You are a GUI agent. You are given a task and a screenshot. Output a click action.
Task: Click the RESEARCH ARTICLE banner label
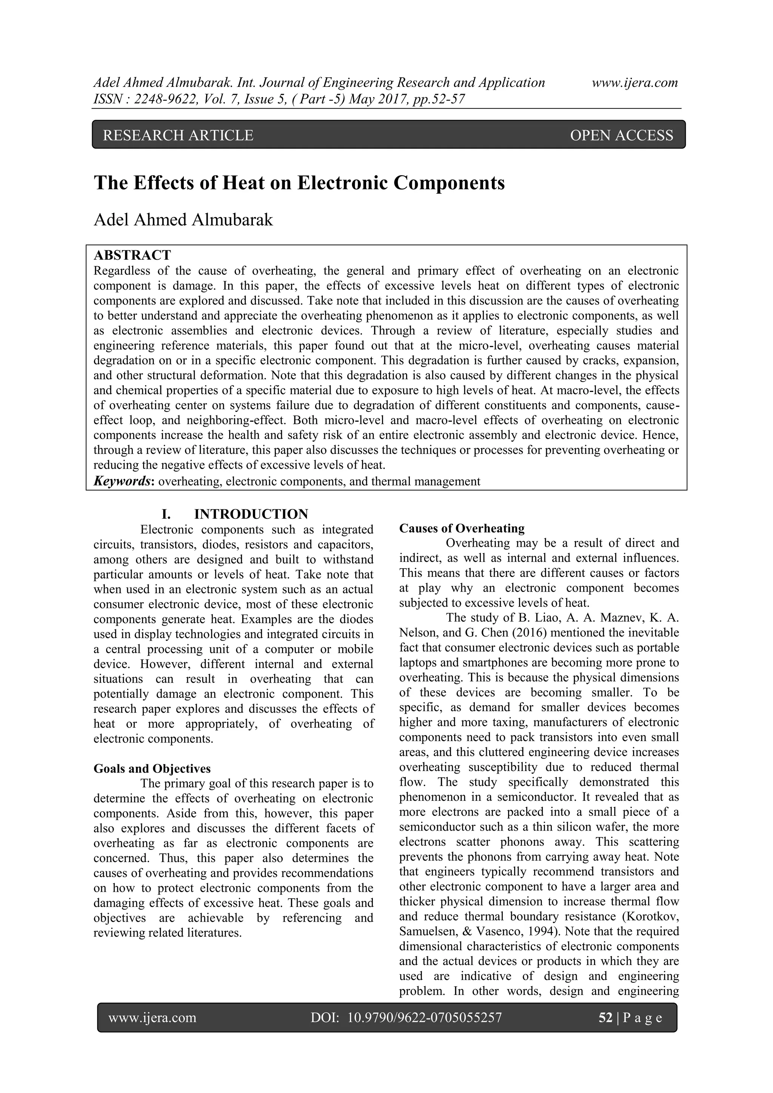pyautogui.click(x=178, y=136)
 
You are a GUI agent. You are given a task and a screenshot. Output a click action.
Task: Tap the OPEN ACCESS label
pyautogui.click(x=621, y=136)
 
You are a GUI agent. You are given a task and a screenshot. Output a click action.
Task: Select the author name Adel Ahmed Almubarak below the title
pyautogui.click(x=183, y=220)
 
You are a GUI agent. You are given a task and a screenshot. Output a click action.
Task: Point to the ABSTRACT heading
pyautogui.click(x=132, y=256)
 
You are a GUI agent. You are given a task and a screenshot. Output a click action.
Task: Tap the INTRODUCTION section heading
pyautogui.click(x=251, y=515)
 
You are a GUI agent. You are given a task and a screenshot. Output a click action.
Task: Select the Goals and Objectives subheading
pyautogui.click(x=152, y=769)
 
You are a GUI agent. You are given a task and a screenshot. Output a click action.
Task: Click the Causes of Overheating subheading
pyautogui.click(x=462, y=529)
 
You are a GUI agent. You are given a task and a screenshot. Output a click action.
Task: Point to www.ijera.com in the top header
pyautogui.click(x=634, y=83)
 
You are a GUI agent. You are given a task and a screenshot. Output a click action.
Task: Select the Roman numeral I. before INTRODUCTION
pyautogui.click(x=166, y=515)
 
